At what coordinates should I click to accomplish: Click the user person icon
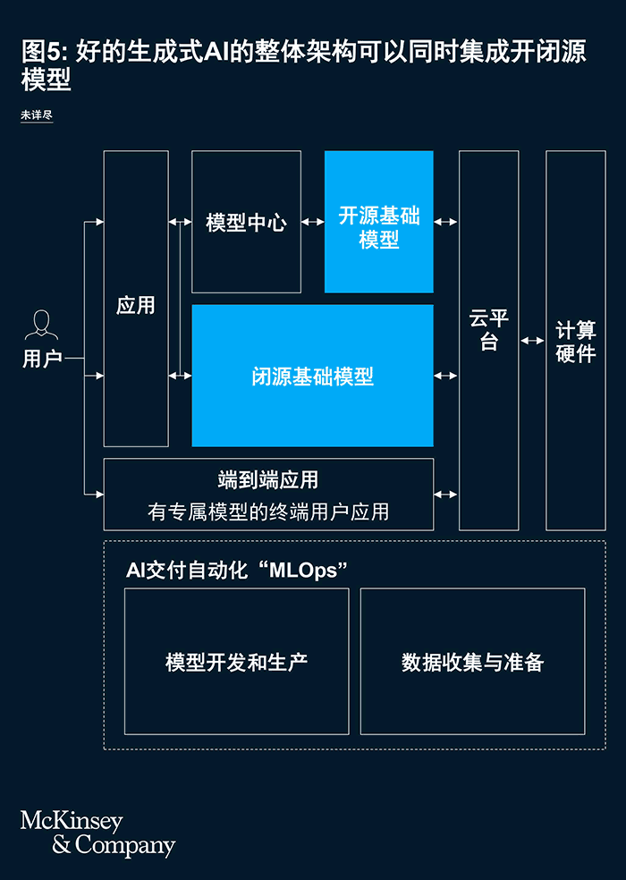(x=41, y=326)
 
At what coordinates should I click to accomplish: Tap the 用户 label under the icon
(x=42, y=359)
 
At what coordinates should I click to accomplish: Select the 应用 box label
(x=136, y=306)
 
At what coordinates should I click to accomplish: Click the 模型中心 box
(x=246, y=223)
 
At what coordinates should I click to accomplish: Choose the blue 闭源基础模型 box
(x=312, y=376)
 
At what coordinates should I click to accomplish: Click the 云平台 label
(x=488, y=330)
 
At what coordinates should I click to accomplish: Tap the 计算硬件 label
(x=575, y=341)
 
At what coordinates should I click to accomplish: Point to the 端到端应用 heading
(x=268, y=480)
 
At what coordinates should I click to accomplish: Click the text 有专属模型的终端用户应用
(x=268, y=512)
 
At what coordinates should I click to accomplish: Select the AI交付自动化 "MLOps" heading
(x=236, y=570)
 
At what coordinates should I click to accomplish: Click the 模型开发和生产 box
(x=236, y=662)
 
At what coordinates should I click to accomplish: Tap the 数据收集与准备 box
(x=472, y=662)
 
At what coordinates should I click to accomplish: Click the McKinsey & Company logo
(x=97, y=833)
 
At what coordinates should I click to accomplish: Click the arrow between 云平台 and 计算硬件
(x=532, y=341)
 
